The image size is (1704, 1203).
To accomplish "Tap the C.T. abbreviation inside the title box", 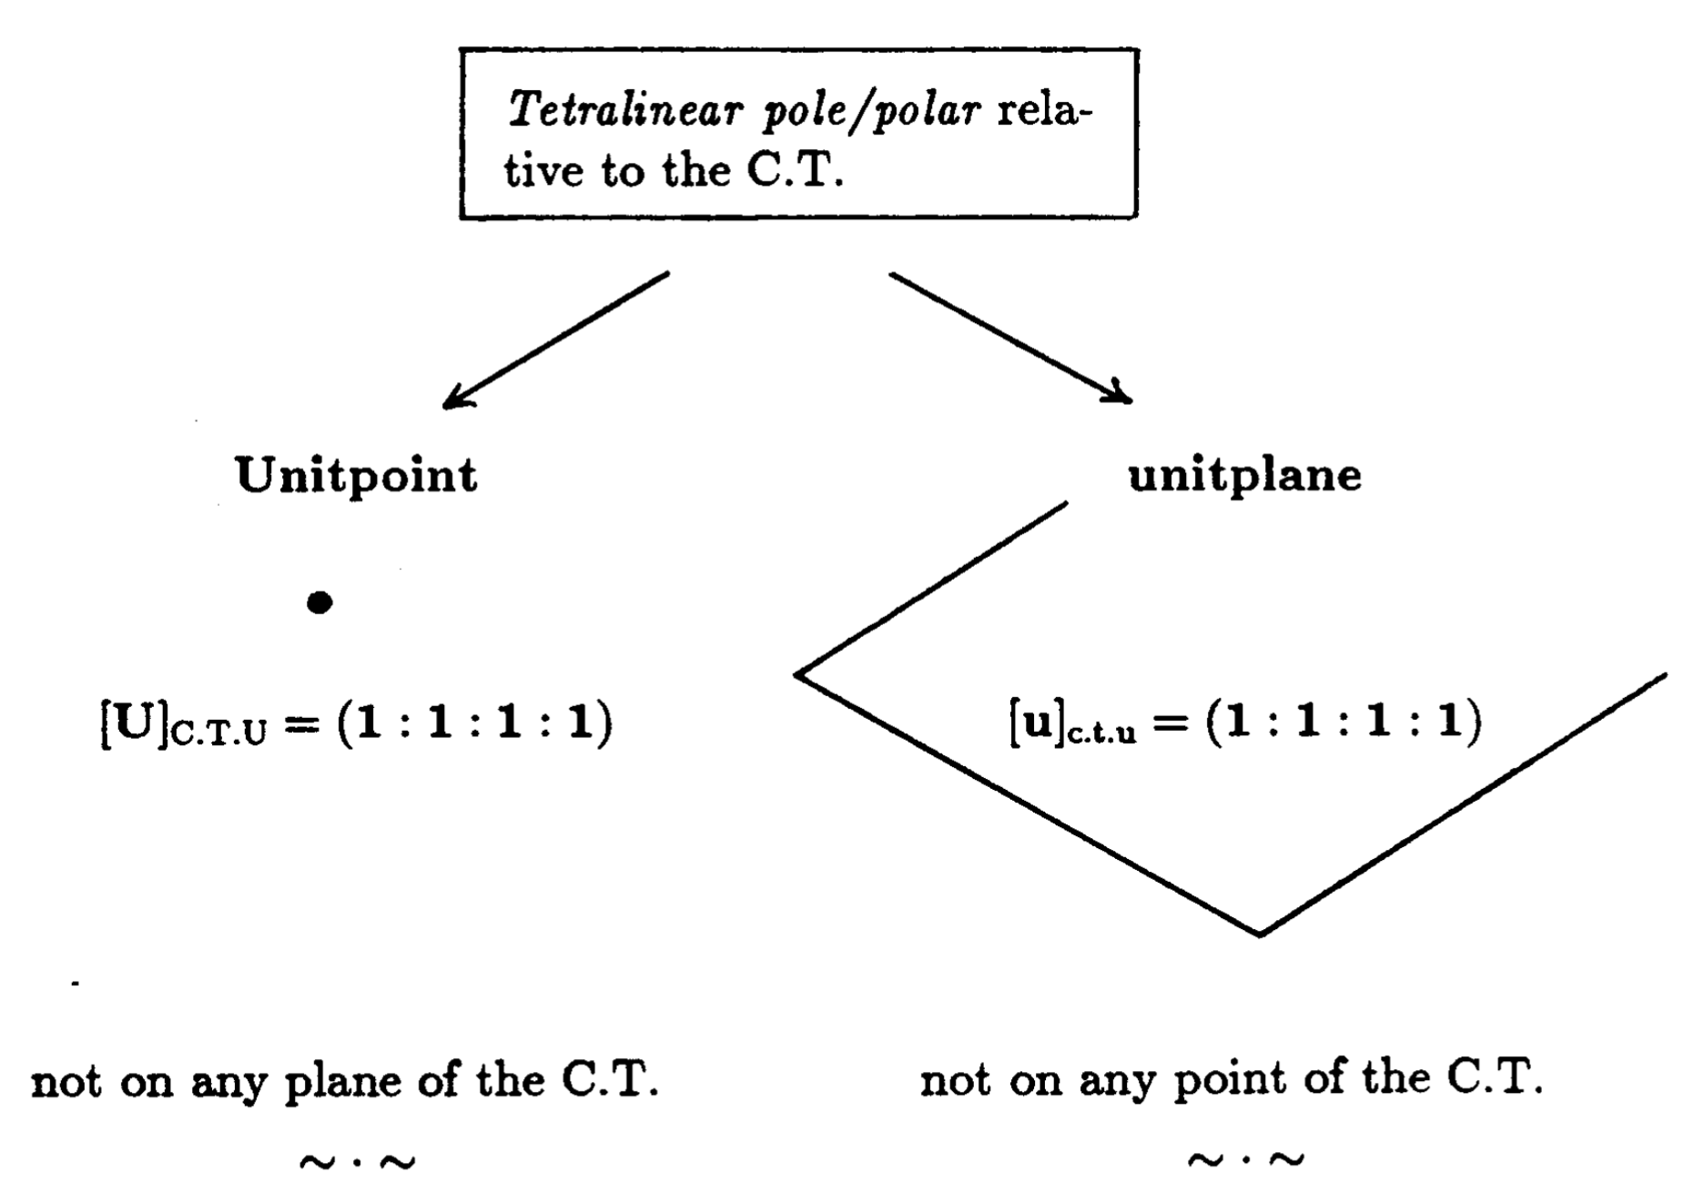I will coord(795,171).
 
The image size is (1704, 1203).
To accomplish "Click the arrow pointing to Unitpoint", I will coord(555,339).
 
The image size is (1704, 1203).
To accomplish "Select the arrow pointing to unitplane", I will coord(1011,337).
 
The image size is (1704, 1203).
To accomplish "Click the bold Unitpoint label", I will coord(356,476).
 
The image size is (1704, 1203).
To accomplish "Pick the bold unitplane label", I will coord(1244,475).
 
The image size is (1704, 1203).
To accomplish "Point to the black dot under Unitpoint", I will coord(319,602).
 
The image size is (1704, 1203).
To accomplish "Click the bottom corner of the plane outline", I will coord(1260,934).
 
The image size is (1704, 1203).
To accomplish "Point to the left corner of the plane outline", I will coord(797,674).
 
